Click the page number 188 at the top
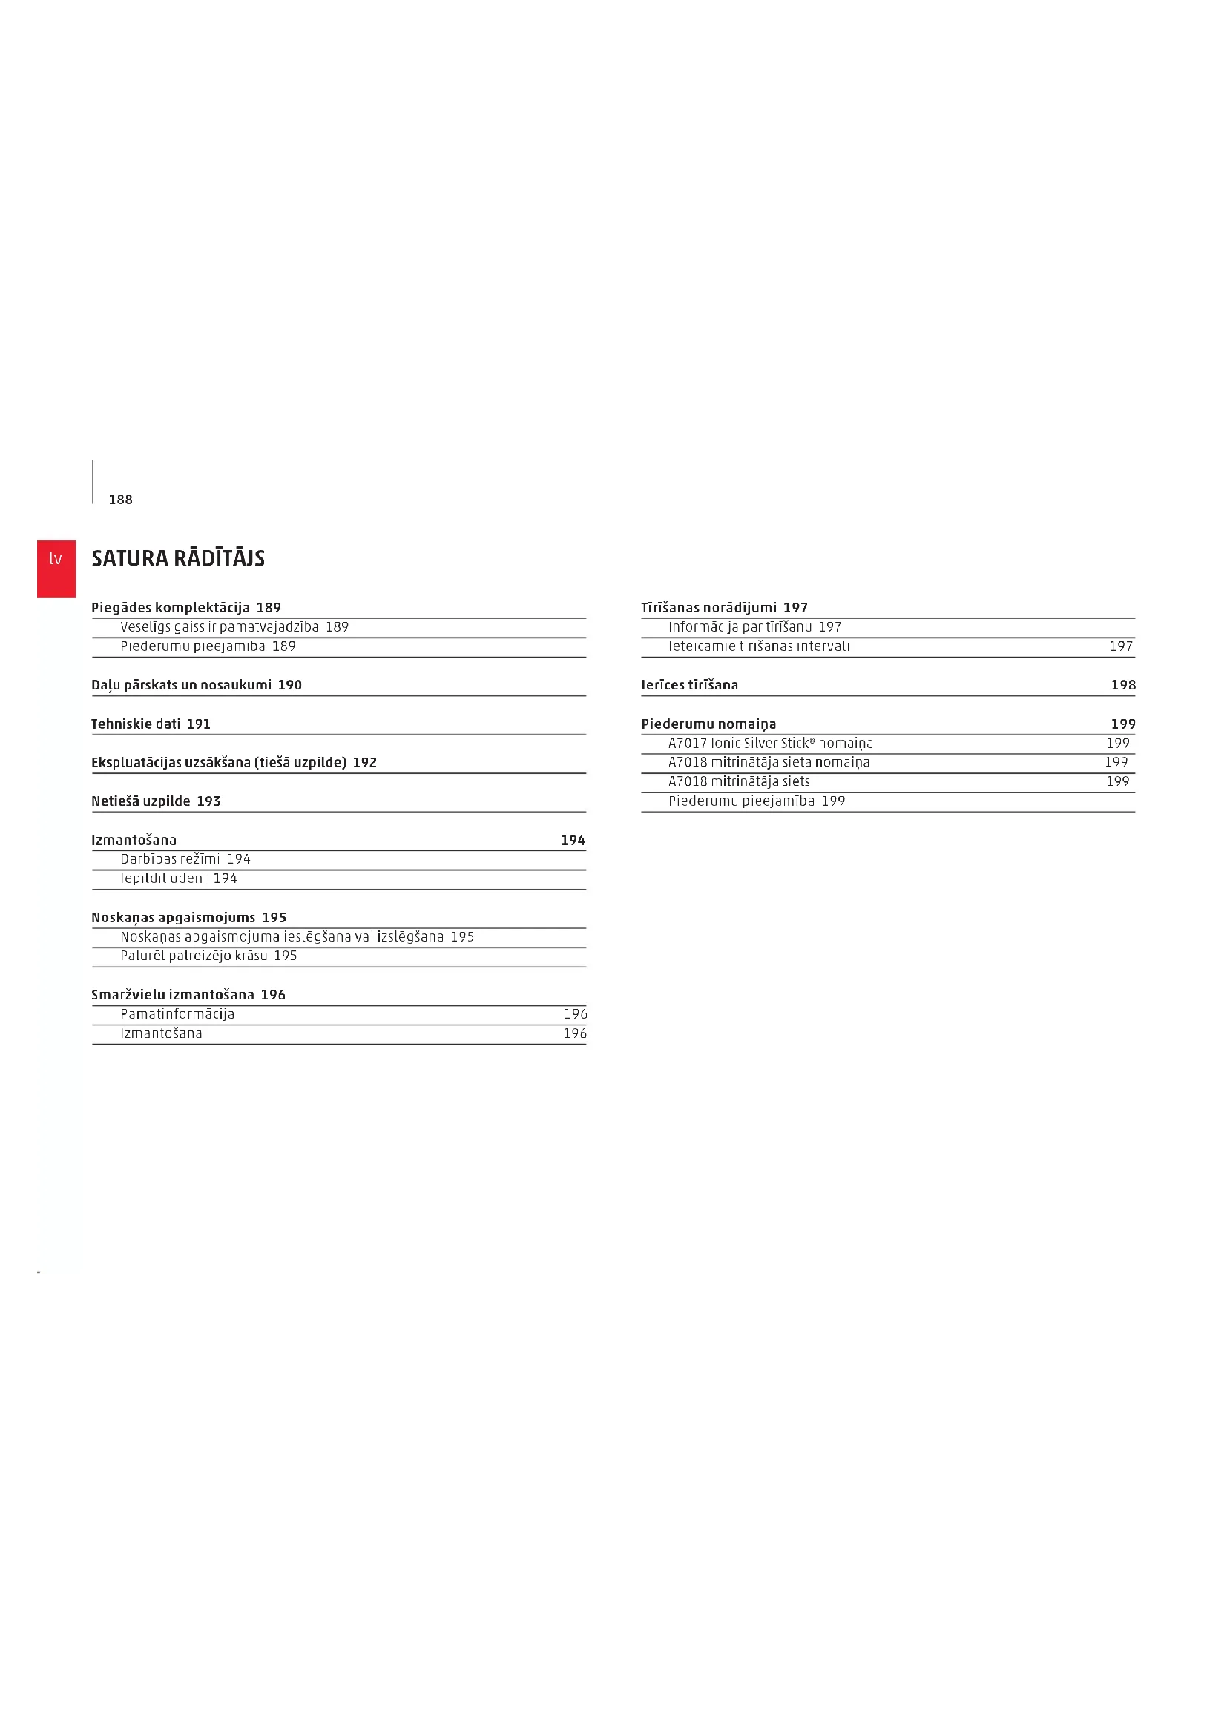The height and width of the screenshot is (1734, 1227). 120,499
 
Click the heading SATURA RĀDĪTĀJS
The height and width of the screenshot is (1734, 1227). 178,558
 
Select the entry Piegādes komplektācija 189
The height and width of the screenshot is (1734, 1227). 186,607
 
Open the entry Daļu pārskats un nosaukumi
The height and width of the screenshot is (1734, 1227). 197,685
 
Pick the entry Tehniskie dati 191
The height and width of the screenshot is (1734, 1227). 151,724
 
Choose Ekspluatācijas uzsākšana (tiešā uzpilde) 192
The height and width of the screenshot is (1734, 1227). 234,762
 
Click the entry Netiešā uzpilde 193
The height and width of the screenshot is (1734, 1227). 156,801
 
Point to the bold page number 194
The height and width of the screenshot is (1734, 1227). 573,840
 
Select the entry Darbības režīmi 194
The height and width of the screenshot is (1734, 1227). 185,858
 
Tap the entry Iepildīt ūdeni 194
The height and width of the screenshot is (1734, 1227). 178,878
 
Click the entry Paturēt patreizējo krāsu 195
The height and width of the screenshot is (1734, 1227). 208,956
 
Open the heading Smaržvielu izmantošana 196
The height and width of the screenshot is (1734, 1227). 188,995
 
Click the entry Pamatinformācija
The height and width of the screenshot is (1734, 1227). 177,1014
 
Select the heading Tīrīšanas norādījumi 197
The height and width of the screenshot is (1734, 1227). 724,607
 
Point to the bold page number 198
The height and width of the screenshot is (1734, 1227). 1122,685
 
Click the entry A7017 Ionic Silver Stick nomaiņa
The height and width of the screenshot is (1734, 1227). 770,743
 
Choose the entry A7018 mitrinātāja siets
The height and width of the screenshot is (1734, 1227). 738,781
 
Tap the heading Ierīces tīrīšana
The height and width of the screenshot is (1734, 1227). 689,685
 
